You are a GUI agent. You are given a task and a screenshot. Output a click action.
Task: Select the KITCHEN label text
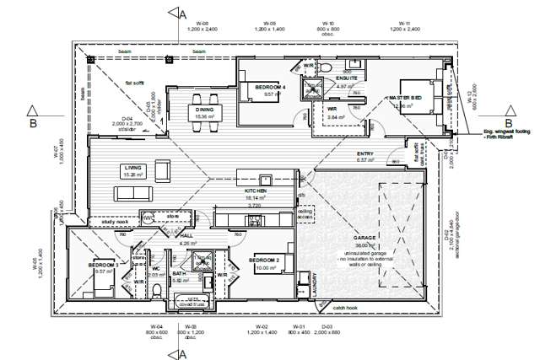pos(256,191)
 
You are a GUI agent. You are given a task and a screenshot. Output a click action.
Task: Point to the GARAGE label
pos(364,239)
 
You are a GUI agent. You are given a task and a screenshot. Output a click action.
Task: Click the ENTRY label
pos(365,153)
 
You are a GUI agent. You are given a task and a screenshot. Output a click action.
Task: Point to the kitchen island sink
pos(265,179)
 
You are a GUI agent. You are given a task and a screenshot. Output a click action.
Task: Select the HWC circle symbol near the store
pos(148,218)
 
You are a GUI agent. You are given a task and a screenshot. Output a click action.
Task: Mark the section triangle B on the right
pos(509,111)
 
